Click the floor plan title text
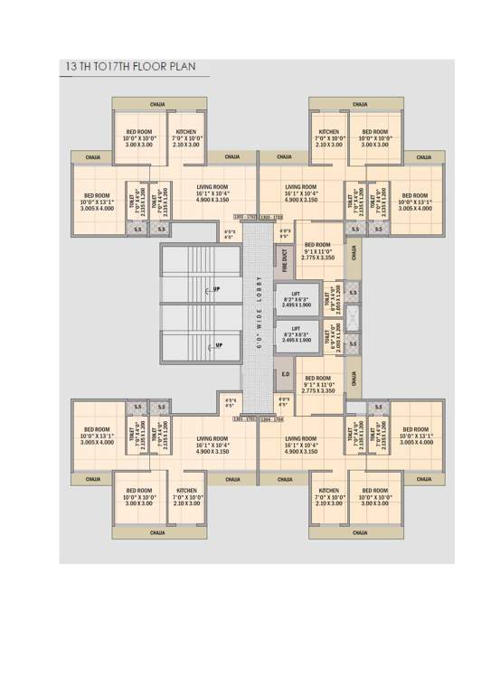click(x=126, y=67)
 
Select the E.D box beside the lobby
click(x=285, y=373)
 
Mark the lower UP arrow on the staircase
click(x=218, y=345)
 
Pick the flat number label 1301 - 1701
click(x=245, y=419)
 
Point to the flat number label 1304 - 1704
click(x=272, y=419)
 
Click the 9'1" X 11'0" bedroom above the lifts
click(x=319, y=250)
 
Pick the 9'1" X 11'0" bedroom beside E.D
click(x=319, y=384)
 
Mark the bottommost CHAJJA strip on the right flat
click(x=359, y=533)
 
